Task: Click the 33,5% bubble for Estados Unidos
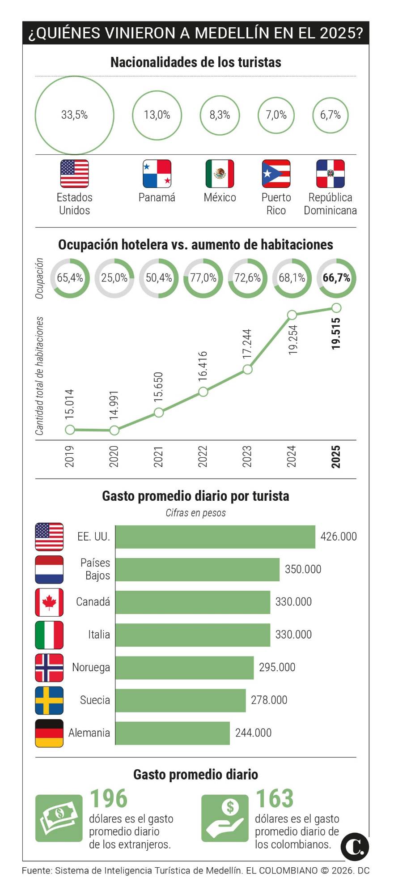point(74,115)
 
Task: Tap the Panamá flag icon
point(157,174)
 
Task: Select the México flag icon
point(220,174)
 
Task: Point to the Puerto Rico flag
point(276,174)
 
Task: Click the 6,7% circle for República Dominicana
point(330,115)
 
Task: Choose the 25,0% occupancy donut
point(114,278)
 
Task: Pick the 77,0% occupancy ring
point(203,278)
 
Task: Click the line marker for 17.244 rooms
point(247,369)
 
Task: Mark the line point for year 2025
point(336,308)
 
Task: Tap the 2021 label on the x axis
point(158,456)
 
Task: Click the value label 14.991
point(114,405)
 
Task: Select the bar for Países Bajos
point(197,569)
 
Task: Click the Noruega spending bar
point(184,667)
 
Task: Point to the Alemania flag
point(49,733)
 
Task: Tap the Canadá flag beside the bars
point(49,602)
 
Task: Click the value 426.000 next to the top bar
point(339,537)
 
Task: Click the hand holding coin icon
point(225,818)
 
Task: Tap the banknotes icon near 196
point(59,818)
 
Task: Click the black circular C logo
point(355,847)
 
